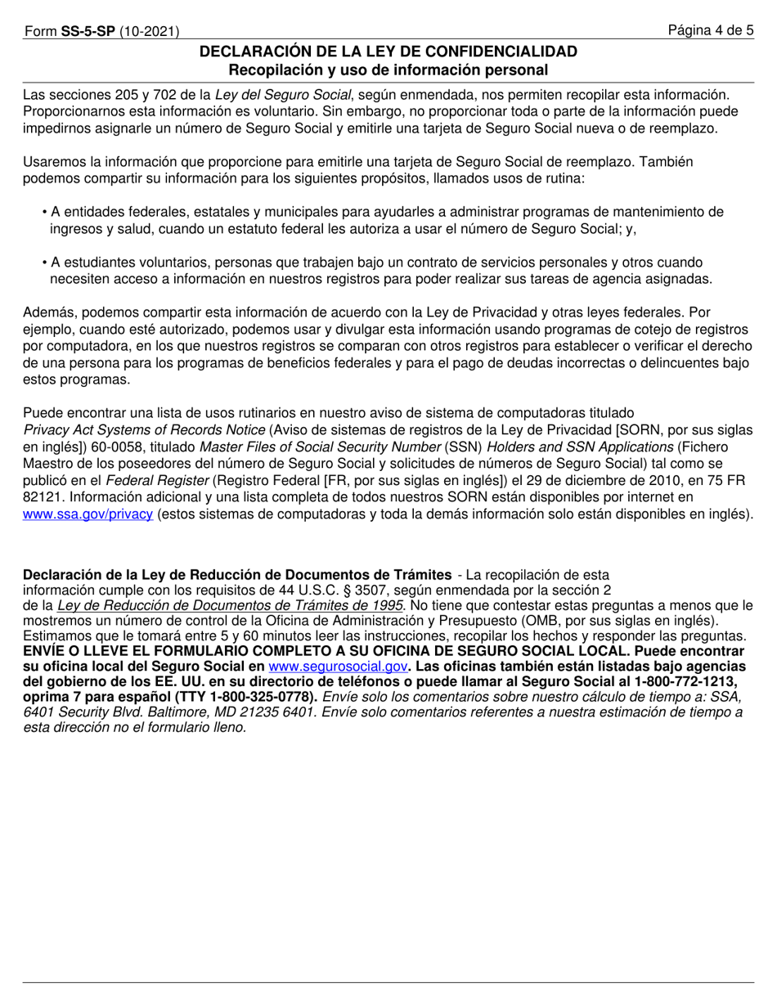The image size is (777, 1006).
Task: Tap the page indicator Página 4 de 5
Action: point(710,31)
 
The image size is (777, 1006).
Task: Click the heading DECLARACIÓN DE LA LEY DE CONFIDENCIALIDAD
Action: point(388,52)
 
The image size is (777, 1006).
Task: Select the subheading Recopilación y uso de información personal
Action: point(388,70)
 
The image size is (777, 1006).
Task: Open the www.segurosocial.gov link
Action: point(338,667)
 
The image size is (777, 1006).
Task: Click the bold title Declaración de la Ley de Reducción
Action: point(237,574)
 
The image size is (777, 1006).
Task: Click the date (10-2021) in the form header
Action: point(150,32)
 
